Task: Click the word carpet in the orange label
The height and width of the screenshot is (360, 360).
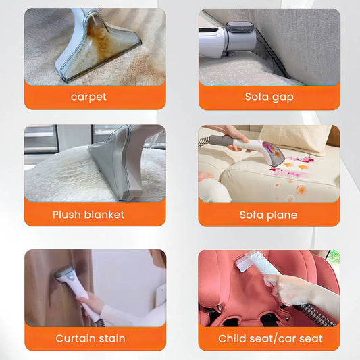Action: pyautogui.click(x=88, y=97)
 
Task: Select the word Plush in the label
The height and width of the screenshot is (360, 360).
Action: pyautogui.click(x=67, y=215)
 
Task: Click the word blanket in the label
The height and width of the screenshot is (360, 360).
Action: pyautogui.click(x=104, y=215)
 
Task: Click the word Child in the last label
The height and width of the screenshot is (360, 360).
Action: pyautogui.click(x=231, y=338)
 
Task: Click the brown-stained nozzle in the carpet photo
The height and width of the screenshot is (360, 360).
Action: pyautogui.click(x=99, y=46)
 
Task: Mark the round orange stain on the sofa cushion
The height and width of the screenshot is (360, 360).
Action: pyautogui.click(x=301, y=190)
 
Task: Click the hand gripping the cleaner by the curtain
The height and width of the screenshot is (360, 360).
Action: pyautogui.click(x=91, y=303)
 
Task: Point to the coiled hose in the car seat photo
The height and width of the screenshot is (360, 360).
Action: pyautogui.click(x=315, y=315)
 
